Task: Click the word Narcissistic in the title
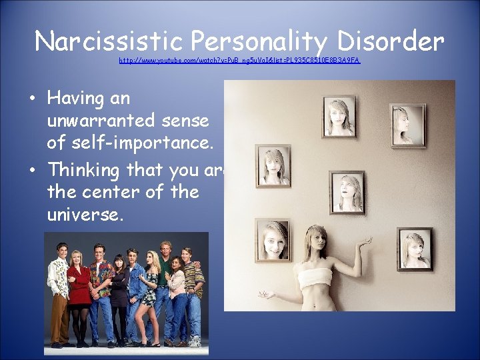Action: [x=109, y=41]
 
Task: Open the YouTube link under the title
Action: [x=239, y=60]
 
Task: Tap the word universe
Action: [x=85, y=215]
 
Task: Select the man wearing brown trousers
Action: [x=59, y=287]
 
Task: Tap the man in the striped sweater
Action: [x=194, y=287]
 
